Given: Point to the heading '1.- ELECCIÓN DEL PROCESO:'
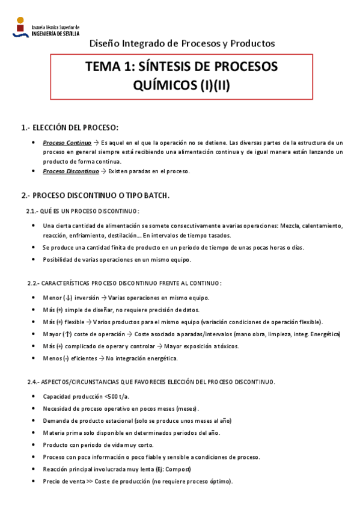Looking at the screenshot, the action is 70,127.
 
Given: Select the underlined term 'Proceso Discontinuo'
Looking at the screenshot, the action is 70,171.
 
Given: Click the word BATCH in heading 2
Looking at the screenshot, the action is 154,195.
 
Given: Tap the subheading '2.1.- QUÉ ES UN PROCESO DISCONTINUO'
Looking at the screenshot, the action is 83,211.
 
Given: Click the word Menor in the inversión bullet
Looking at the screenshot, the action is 52,298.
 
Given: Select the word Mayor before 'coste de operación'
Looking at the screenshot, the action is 52,334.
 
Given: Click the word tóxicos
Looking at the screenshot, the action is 226,346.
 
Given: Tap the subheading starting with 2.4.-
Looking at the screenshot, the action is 151,382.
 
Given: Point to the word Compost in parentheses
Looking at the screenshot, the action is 178,469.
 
